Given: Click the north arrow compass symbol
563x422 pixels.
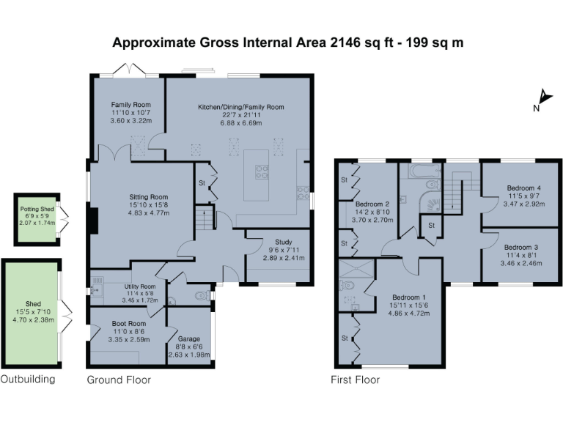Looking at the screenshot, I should pyautogui.click(x=543, y=98).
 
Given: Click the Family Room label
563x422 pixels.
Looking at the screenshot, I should pyautogui.click(x=130, y=105).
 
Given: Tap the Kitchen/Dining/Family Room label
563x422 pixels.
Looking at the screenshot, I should pyautogui.click(x=240, y=107).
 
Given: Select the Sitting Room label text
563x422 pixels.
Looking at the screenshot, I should pyautogui.click(x=149, y=197).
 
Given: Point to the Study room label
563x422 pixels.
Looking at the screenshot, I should pyautogui.click(x=284, y=241).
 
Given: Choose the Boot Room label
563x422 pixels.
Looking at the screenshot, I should pyautogui.click(x=128, y=323).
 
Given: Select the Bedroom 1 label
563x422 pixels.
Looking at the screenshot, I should pyautogui.click(x=408, y=297).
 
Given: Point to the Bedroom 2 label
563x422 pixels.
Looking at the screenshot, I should pyautogui.click(x=373, y=204).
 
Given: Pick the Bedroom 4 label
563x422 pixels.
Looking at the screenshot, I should pyautogui.click(x=524, y=188).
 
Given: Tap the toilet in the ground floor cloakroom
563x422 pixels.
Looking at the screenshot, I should pyautogui.click(x=197, y=297).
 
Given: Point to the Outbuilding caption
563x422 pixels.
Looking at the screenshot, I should pyautogui.click(x=27, y=380).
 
